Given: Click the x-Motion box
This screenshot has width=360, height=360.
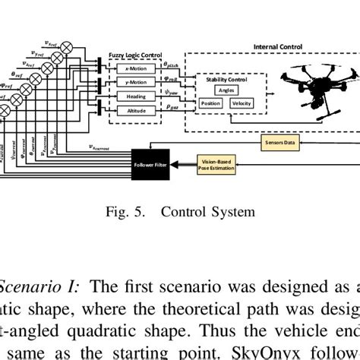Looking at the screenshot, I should coord(134,68).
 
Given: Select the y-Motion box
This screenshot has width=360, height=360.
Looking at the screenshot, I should coord(134,82).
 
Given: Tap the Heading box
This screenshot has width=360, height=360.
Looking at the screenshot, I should coord(134,96).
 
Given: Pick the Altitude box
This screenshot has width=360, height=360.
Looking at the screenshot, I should coord(134,111).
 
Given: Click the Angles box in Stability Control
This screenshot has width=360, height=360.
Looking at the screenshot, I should coord(227,89).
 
